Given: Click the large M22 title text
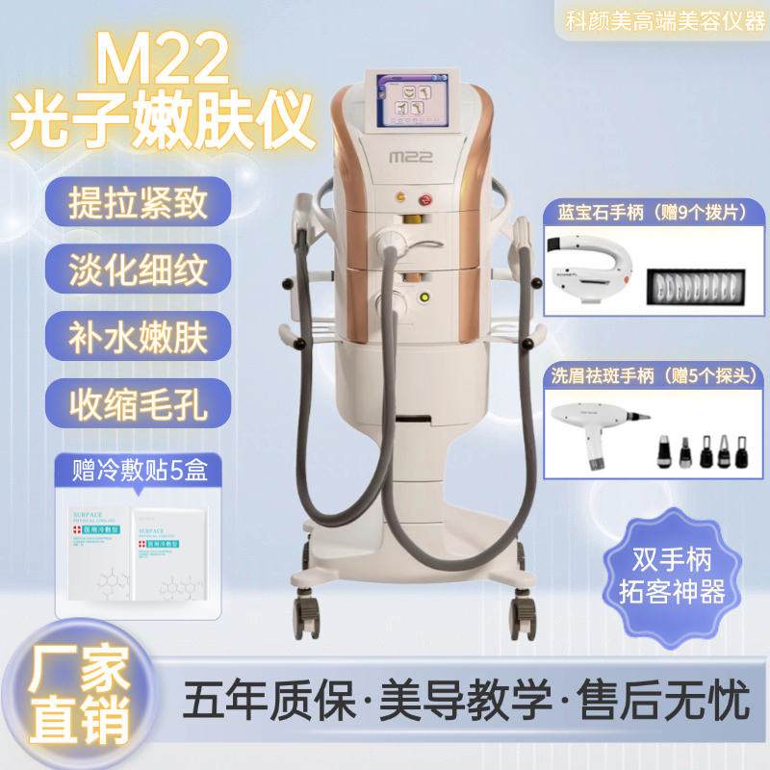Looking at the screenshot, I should (164, 60).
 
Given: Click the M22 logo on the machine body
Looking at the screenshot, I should (399, 154).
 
